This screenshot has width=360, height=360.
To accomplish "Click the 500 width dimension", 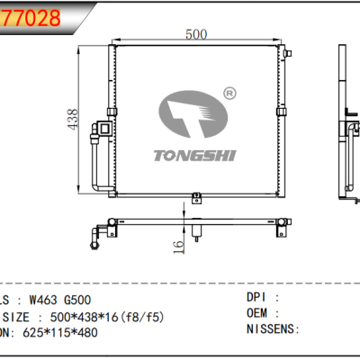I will pos(196,34).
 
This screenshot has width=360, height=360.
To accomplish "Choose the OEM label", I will pos(259,313).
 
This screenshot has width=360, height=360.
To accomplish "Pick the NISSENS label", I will pos(271,329).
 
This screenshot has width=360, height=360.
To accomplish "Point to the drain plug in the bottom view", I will pos(199,236).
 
